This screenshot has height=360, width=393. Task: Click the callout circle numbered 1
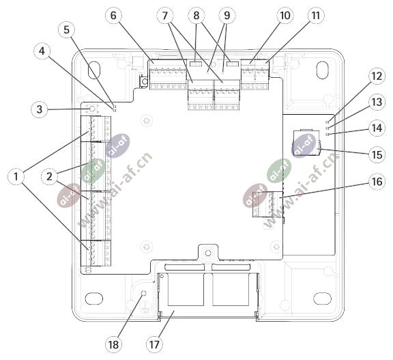click(16, 176)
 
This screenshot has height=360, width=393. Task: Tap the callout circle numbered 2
click(49, 176)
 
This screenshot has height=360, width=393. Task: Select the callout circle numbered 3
click(39, 109)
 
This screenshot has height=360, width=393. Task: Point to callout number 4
click(42, 51)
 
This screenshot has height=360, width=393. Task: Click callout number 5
click(66, 30)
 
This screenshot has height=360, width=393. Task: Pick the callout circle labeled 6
click(113, 15)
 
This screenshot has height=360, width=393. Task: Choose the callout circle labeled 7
click(165, 16)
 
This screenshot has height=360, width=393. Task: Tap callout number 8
click(196, 15)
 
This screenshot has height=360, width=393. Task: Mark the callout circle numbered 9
click(227, 15)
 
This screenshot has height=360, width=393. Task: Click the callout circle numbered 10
click(285, 15)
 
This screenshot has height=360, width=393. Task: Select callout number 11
click(316, 15)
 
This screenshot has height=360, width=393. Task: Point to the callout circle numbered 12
click(377, 76)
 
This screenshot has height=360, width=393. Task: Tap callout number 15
click(377, 154)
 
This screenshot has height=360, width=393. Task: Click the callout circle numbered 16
click(377, 182)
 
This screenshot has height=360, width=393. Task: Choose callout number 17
click(154, 344)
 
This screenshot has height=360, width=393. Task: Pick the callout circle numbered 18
click(113, 344)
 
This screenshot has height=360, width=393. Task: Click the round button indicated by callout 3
click(92, 109)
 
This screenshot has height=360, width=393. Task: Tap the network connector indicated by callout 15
click(306, 143)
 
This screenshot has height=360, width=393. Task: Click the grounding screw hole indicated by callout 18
click(143, 293)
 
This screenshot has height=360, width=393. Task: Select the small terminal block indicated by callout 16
click(267, 204)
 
